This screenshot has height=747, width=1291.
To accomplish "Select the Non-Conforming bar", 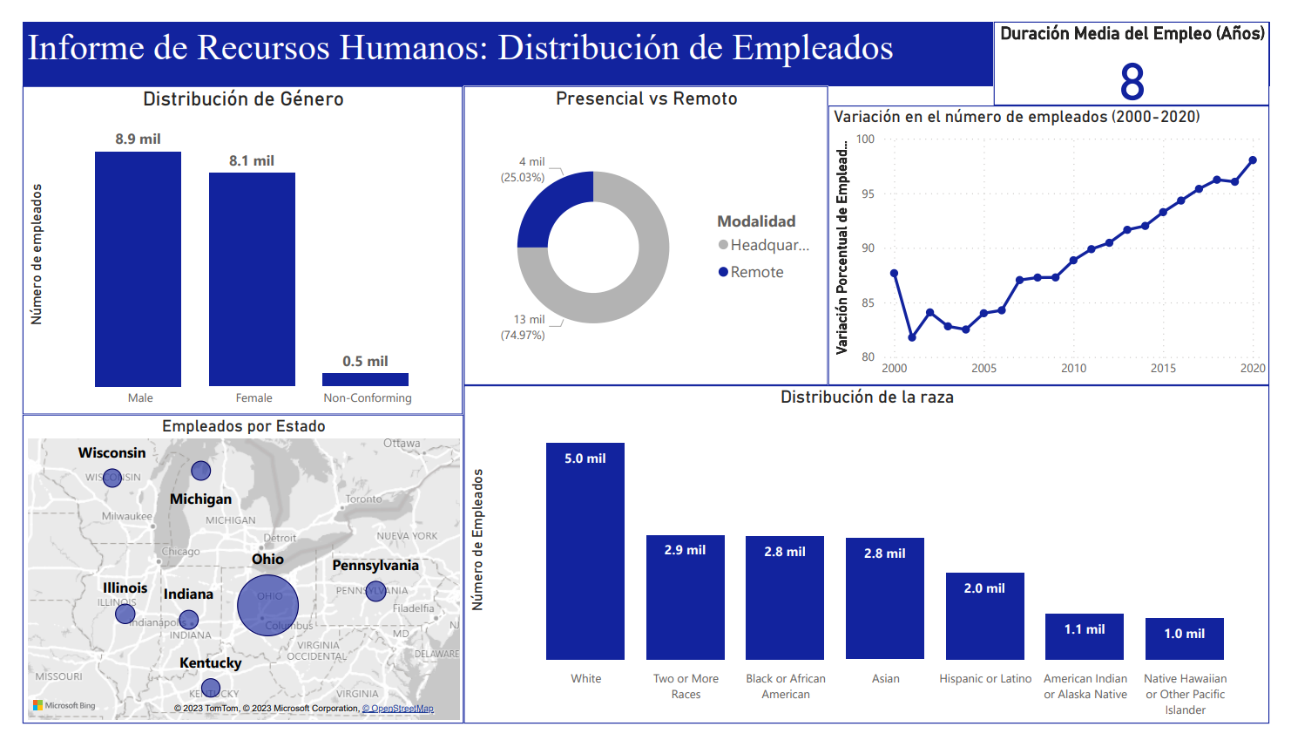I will tap(365, 379).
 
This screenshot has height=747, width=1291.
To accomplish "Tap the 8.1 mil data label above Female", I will tap(252, 160).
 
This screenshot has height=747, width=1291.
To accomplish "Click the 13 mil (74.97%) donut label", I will tap(524, 327).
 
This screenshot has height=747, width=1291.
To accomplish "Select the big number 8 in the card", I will tap(1132, 82).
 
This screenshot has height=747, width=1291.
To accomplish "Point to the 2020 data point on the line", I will tap(1253, 160).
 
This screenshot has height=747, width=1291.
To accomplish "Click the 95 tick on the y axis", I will tap(868, 194).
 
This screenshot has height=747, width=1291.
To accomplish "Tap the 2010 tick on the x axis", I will tap(1073, 368).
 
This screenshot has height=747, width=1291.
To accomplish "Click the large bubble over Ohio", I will tap(268, 605).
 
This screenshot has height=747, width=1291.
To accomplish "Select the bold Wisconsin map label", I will tap(112, 452).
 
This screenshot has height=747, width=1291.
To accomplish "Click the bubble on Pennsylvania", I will tap(375, 591).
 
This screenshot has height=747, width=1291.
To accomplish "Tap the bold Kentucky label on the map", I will tap(210, 662).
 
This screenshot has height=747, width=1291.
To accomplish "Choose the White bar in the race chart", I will tap(585, 551).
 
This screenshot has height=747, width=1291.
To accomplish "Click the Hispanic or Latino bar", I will tap(984, 615).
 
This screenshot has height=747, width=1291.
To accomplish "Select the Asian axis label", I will tap(885, 678).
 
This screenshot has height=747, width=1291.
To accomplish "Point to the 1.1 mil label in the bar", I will tap(1085, 628).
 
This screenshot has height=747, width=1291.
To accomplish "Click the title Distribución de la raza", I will tap(867, 397).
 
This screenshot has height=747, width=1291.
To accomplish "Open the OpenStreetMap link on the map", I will tap(398, 709).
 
